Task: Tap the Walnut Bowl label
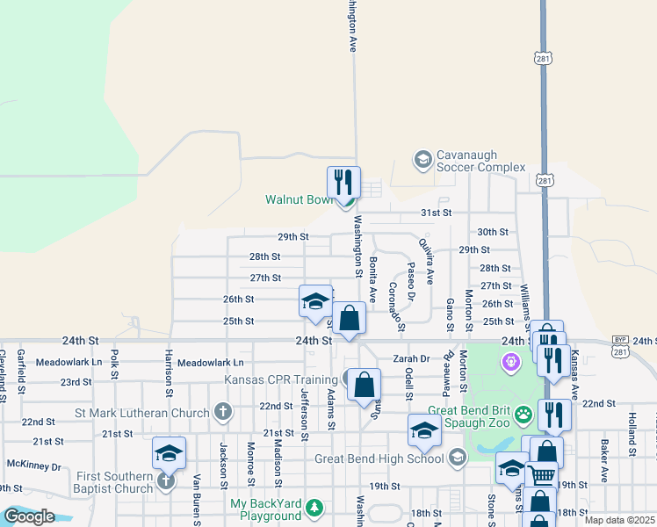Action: pos(300,199)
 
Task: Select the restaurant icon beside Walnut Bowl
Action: pos(343,183)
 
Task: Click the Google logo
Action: pos(29,516)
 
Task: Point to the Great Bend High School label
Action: pos(379,458)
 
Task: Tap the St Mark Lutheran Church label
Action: pos(142,412)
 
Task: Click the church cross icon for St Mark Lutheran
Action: pos(223,412)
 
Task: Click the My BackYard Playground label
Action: pos(265,509)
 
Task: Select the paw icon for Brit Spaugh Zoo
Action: pos(524,413)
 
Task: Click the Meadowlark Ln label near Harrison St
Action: pos(211,362)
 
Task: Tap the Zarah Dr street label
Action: pos(410,358)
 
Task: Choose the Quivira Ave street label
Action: pos(426,261)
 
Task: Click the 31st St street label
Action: pos(436,213)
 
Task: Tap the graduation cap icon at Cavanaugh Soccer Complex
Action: pos(422,159)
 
